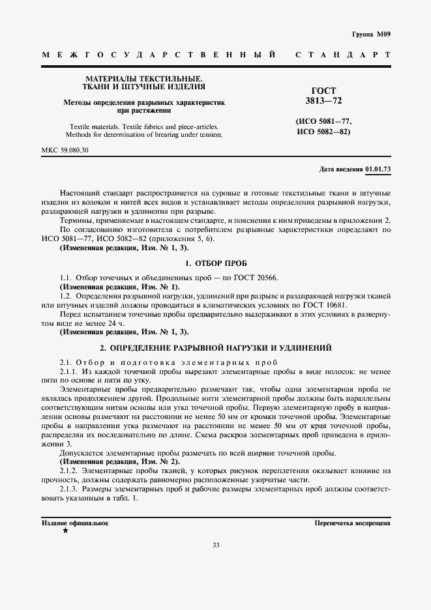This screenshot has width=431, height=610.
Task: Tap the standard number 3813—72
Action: pos(324,102)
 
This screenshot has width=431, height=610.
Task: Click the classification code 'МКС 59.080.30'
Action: pos(65,150)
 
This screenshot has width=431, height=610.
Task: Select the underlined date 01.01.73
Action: pos(378,169)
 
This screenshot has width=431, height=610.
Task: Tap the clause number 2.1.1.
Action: pos(69,371)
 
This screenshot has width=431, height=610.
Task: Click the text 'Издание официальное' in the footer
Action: pos(76,523)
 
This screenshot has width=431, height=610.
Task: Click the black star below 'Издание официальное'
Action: pos(65,531)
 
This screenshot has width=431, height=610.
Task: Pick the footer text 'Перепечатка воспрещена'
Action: pos(352,523)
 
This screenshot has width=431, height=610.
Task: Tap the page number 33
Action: pos(215,564)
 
